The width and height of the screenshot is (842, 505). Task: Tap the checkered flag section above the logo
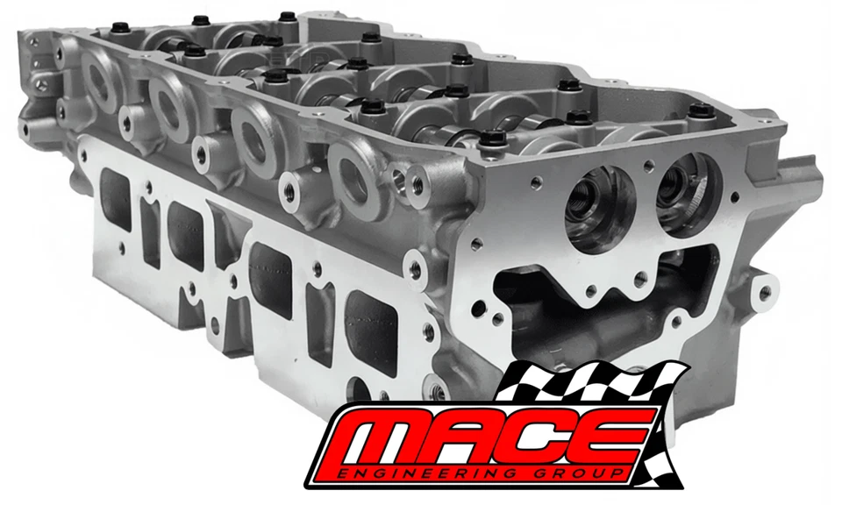pyautogui.click(x=590, y=385)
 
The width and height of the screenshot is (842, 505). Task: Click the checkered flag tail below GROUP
pyautogui.click(x=651, y=473)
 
